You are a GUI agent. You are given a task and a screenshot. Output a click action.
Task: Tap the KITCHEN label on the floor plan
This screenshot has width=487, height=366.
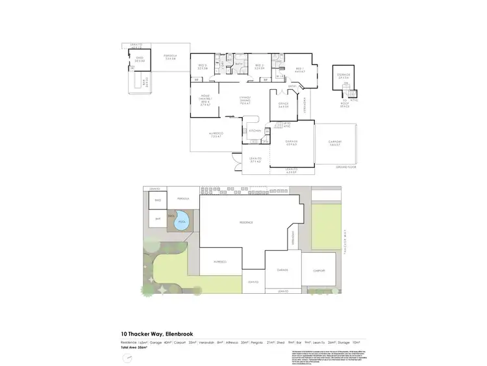[255, 131]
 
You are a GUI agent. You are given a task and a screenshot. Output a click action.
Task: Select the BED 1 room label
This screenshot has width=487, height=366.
[299, 69]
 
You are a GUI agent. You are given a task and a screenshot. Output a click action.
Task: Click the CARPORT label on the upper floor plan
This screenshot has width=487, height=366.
[335, 144]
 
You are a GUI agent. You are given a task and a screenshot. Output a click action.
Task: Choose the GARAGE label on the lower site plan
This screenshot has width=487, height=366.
[282, 269]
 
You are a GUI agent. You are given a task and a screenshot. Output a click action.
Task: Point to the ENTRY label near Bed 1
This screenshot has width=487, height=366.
[292, 86]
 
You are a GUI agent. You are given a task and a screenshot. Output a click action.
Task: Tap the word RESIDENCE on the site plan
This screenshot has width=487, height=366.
[245, 222]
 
